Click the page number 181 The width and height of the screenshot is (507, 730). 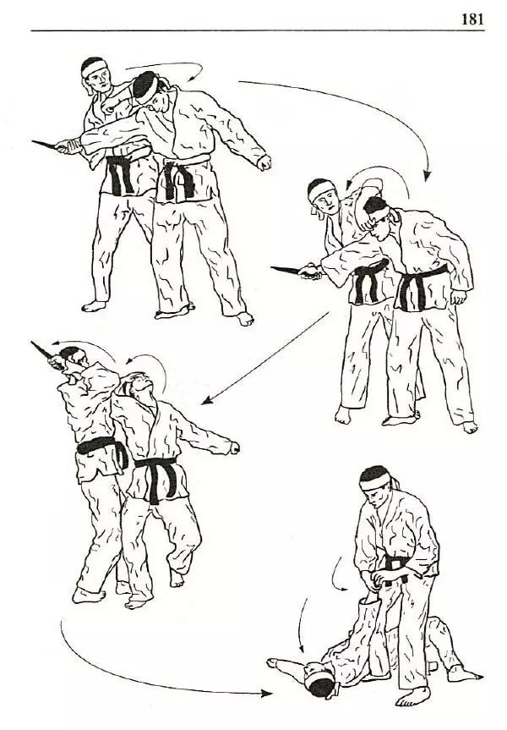(x=472, y=19)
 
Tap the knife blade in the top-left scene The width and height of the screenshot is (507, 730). (x=44, y=145)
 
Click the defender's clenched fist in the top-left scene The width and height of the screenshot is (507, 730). (x=264, y=162)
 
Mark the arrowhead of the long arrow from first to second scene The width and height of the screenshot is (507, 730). (x=427, y=176)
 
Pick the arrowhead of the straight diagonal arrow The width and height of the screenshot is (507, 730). (x=207, y=400)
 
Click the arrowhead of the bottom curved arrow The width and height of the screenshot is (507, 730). (x=267, y=694)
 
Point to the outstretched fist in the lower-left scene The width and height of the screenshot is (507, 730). (x=235, y=447)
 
